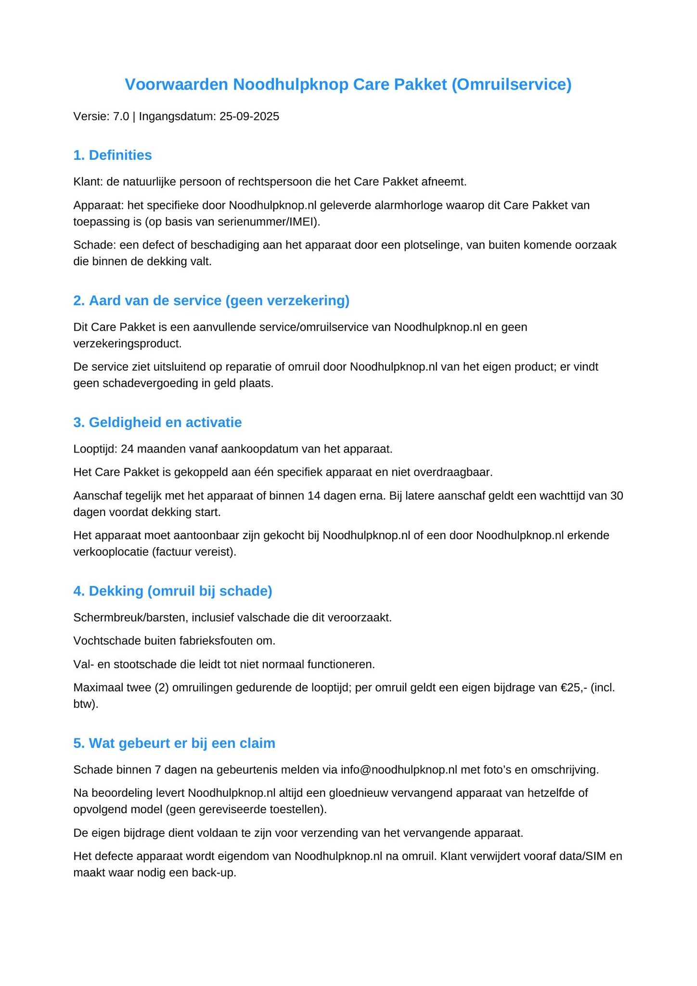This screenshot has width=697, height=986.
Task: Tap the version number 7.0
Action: point(121,117)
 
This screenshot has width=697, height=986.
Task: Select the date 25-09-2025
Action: point(249,117)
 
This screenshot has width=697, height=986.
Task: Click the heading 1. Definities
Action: point(113,155)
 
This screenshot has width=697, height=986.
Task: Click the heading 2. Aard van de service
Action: point(211,301)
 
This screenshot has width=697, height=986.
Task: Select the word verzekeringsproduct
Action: point(127,344)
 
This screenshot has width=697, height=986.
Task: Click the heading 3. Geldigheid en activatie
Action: point(157,423)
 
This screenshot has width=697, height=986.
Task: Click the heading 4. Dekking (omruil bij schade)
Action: point(173,591)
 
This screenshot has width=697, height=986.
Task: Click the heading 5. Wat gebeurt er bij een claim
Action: point(174,743)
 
